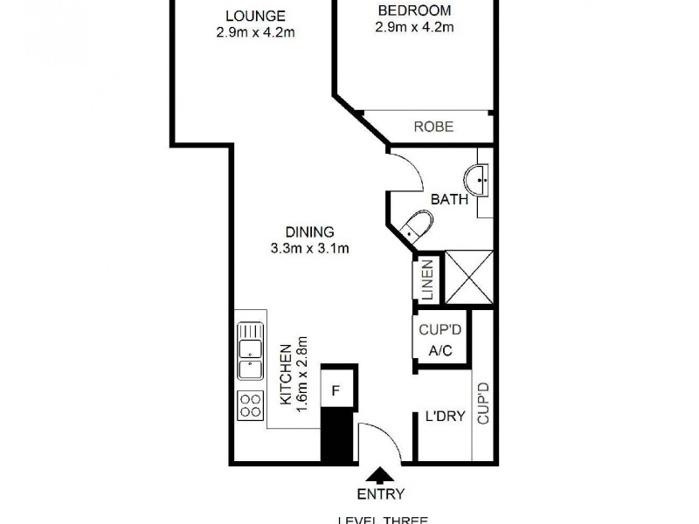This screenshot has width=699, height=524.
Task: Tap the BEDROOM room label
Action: [x=414, y=10]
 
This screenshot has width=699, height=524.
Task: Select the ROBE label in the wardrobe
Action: [x=433, y=127]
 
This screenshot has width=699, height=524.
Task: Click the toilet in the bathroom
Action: [x=415, y=227]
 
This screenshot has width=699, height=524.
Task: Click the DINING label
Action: [x=310, y=232]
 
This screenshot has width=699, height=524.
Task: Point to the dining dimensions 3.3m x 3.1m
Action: [x=310, y=248]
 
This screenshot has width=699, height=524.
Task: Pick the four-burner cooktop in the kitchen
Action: [x=250, y=406]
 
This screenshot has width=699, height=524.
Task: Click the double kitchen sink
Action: [x=250, y=351]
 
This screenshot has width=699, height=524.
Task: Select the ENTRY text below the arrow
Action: [x=380, y=495]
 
